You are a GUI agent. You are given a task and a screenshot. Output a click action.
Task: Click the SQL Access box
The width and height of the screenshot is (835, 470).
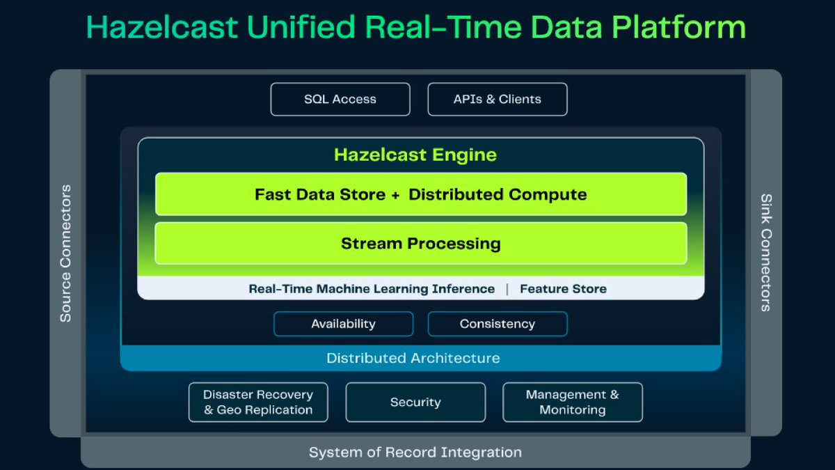click(x=340, y=99)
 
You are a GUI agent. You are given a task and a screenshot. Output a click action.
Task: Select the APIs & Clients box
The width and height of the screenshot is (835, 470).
click(x=498, y=99)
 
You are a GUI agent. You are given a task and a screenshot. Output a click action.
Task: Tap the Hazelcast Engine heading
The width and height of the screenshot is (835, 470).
click(x=415, y=155)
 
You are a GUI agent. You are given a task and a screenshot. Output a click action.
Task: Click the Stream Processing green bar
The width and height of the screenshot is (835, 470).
click(x=420, y=244)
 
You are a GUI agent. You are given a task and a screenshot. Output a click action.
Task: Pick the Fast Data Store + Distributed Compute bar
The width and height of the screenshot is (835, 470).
click(x=420, y=194)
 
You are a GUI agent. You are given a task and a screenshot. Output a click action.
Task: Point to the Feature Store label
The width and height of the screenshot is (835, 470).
click(x=563, y=289)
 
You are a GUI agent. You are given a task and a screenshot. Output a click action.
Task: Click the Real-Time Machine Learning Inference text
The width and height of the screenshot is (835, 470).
click(x=372, y=289)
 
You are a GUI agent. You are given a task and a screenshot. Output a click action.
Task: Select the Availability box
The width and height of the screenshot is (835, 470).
click(x=343, y=324)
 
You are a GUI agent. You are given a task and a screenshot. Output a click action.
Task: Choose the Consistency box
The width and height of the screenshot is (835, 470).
click(x=498, y=324)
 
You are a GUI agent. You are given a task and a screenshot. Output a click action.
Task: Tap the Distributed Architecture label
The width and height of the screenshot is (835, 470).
click(x=413, y=359)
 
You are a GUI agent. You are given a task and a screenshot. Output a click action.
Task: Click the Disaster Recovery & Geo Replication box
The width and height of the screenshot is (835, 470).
click(x=258, y=402)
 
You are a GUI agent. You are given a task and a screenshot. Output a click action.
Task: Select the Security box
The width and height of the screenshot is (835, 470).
click(x=415, y=402)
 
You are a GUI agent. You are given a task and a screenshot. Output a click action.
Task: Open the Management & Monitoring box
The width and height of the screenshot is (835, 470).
click(x=572, y=402)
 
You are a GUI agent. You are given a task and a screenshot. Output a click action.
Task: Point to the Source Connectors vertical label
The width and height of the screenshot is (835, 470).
click(x=65, y=253)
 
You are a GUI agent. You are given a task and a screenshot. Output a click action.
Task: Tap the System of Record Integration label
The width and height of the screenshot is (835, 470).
click(x=415, y=453)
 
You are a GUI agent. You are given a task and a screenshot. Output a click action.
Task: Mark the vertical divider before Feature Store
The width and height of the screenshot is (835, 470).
click(x=507, y=289)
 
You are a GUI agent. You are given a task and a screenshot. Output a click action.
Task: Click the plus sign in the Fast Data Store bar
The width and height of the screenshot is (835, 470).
click(x=395, y=195)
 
